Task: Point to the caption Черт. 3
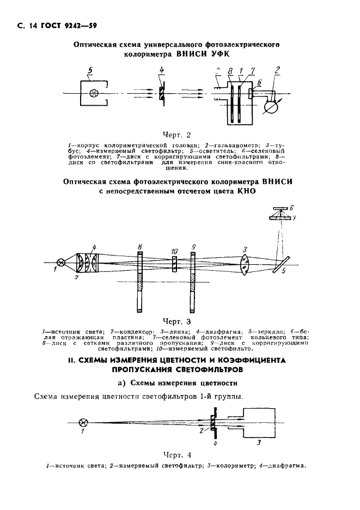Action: tap(177, 321)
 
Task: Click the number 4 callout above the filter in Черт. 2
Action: tap(162, 70)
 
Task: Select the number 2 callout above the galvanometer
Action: tap(278, 69)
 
